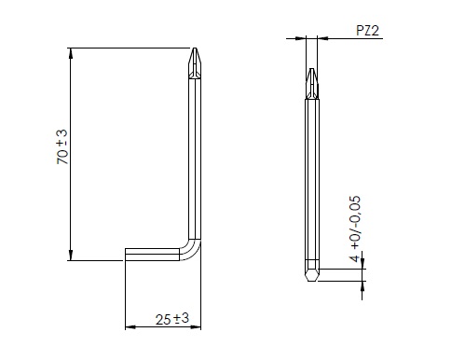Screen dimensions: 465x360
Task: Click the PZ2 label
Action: (x=367, y=31)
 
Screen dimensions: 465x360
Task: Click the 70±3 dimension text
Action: (x=62, y=147)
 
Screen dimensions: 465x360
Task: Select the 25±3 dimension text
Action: (x=172, y=319)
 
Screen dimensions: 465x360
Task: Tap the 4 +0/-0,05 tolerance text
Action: (x=355, y=228)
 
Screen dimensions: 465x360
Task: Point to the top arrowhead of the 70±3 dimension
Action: (x=71, y=53)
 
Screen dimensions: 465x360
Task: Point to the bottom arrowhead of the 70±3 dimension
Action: (x=71, y=256)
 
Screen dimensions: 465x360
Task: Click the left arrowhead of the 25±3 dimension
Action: (x=130, y=327)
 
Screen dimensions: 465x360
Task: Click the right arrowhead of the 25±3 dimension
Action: (x=196, y=327)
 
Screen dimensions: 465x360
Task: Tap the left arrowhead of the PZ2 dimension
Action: (x=301, y=38)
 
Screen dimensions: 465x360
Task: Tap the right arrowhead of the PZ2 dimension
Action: (x=322, y=38)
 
